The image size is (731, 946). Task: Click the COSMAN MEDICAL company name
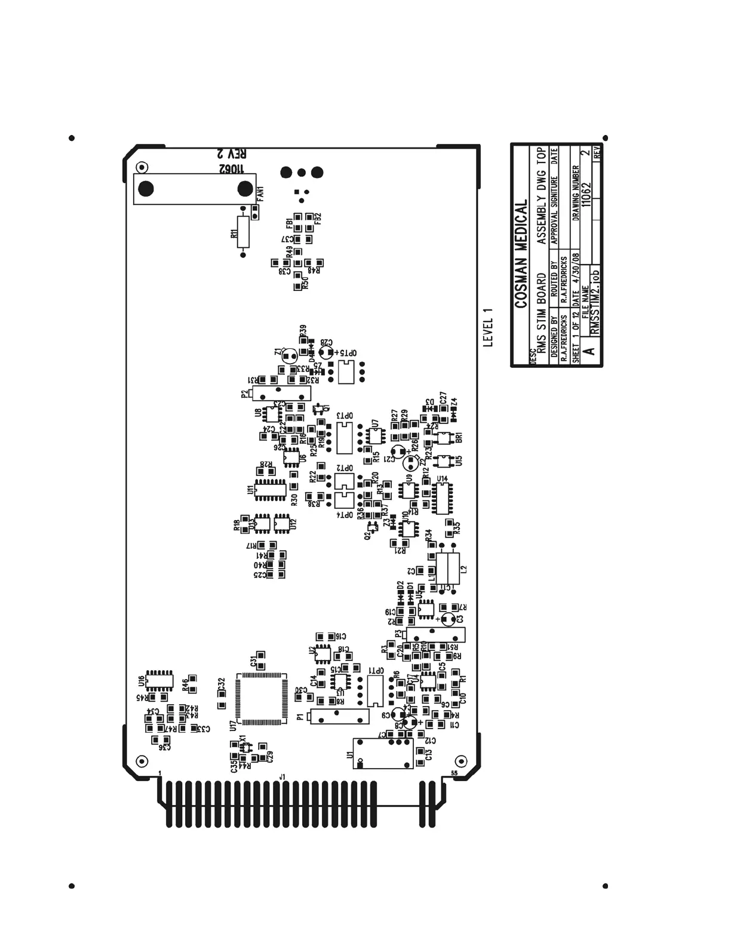(x=522, y=254)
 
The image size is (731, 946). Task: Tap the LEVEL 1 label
(x=488, y=327)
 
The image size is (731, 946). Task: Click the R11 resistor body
(x=242, y=232)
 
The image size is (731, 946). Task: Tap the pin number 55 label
(x=454, y=773)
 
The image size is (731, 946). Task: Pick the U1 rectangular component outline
(x=382, y=753)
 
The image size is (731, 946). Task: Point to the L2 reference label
(x=464, y=570)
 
